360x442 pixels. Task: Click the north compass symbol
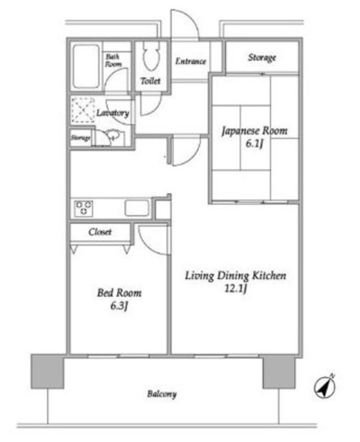tap(325, 386)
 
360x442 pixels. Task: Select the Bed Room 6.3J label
tap(119, 299)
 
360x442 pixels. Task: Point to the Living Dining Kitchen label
tap(235, 282)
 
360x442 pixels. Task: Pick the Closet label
tap(100, 231)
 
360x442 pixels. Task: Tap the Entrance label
tap(191, 61)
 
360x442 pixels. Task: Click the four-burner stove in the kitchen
tap(83, 208)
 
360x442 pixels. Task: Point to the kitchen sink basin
tap(137, 208)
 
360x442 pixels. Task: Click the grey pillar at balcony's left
tap(47, 370)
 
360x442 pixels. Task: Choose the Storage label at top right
tap(262, 58)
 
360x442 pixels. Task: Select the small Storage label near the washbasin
tap(80, 138)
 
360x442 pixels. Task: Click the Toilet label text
tap(150, 81)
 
